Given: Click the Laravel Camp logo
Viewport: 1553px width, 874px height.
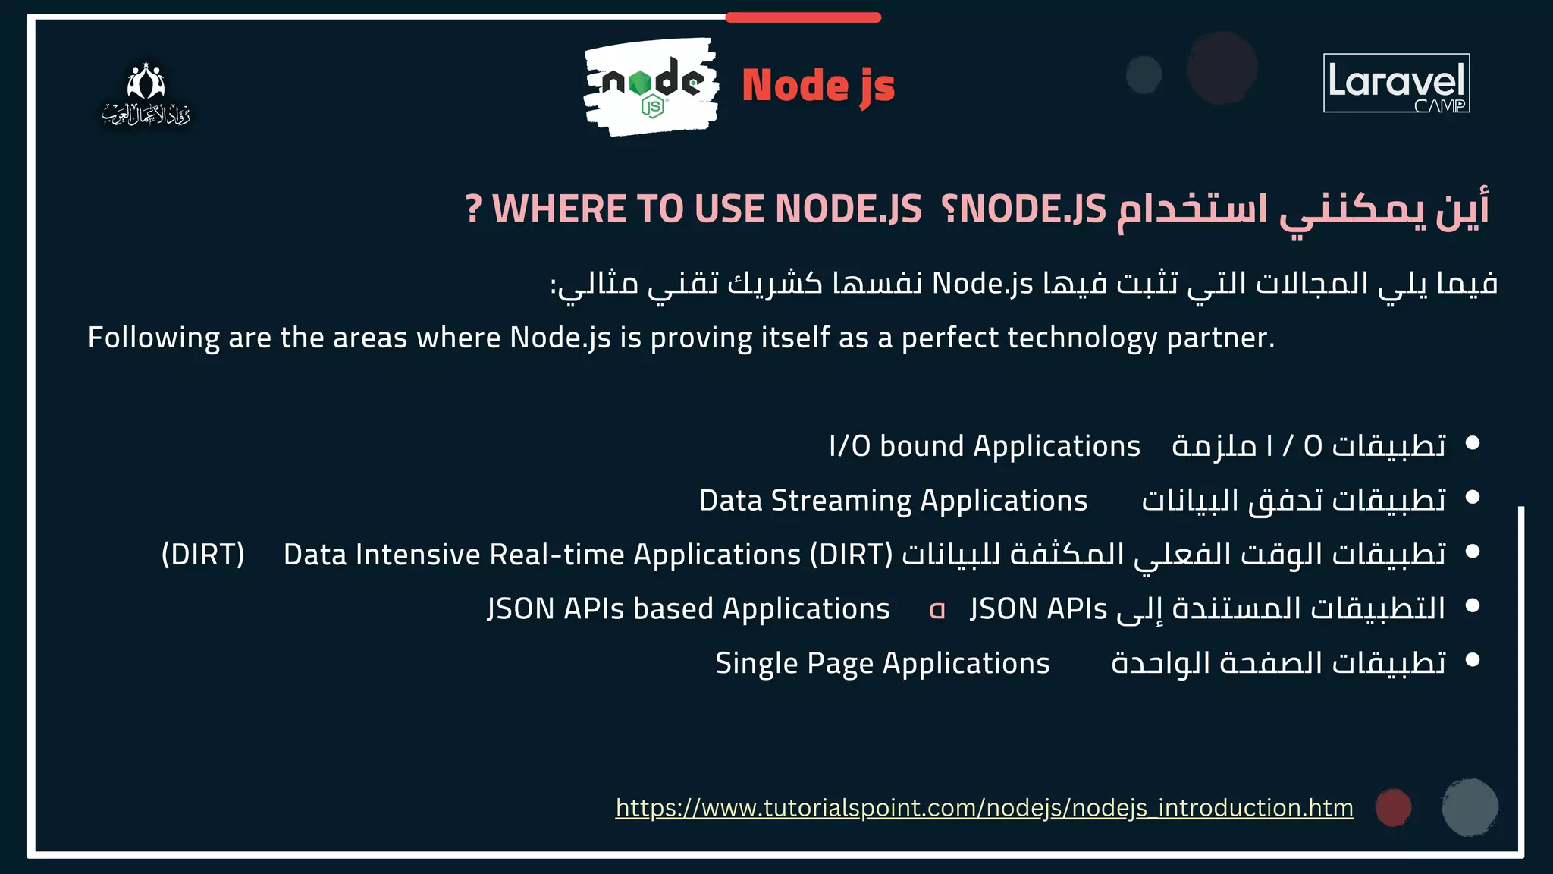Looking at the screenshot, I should tap(1396, 83).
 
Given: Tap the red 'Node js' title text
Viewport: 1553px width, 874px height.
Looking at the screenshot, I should tap(817, 86).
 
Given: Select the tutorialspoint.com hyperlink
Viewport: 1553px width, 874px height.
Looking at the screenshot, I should tap(984, 808).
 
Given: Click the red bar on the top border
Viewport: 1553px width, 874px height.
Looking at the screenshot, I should tap(803, 17).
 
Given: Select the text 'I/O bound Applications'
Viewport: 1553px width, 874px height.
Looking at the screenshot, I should tap(984, 446).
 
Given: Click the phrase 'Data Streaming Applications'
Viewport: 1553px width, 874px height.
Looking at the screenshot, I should tap(893, 501).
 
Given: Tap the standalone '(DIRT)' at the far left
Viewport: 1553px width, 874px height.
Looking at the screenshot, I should tap(203, 555).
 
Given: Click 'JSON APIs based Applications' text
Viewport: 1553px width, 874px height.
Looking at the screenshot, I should tap(688, 609).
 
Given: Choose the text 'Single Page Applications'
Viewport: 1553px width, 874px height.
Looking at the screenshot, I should tap(882, 664).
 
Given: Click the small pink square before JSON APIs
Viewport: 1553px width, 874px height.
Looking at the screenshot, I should tap(937, 610).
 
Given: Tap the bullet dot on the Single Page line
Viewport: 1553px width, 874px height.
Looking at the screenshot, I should tap(1473, 660).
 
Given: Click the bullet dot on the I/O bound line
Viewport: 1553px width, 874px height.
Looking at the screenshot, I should tap(1473, 442).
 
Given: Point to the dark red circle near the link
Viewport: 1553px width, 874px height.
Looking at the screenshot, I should tap(1393, 807).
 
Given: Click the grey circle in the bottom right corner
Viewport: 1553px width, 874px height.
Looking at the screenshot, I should tap(1470, 807).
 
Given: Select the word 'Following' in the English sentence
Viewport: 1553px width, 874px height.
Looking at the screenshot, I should tap(153, 338).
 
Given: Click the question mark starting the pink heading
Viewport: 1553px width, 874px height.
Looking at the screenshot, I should tap(473, 209).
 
